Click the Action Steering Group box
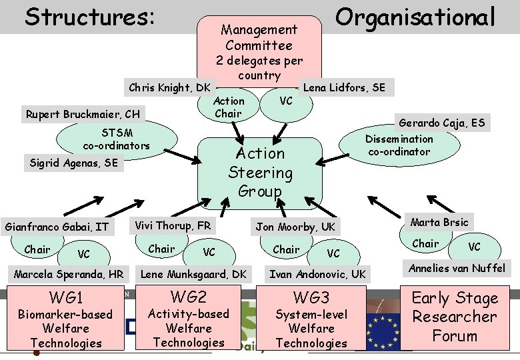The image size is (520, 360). pyautogui.click(x=261, y=172)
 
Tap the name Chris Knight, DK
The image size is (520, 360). pyautogui.click(x=169, y=87)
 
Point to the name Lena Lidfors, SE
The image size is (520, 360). pyautogui.click(x=344, y=87)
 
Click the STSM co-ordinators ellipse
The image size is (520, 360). pyautogui.click(x=117, y=139)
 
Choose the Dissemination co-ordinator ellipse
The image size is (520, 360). pyautogui.click(x=399, y=145)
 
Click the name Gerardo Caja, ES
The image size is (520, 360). pyautogui.click(x=441, y=123)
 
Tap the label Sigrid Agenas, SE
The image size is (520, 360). pyautogui.click(x=73, y=163)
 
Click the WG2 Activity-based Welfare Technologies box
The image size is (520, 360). pyautogui.click(x=189, y=318)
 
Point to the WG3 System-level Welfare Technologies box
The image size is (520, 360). pyautogui.click(x=311, y=319)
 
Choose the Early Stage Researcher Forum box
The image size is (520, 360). pyautogui.click(x=454, y=316)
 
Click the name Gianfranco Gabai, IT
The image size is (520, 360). pyautogui.click(x=56, y=227)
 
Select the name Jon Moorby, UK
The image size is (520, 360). pyautogui.click(x=295, y=227)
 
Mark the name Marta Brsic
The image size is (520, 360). pyautogui.click(x=439, y=222)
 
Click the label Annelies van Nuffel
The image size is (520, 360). pyautogui.click(x=457, y=269)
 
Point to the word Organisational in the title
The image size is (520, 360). pyautogui.click(x=415, y=17)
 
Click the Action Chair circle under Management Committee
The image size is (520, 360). pyautogui.click(x=229, y=107)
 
